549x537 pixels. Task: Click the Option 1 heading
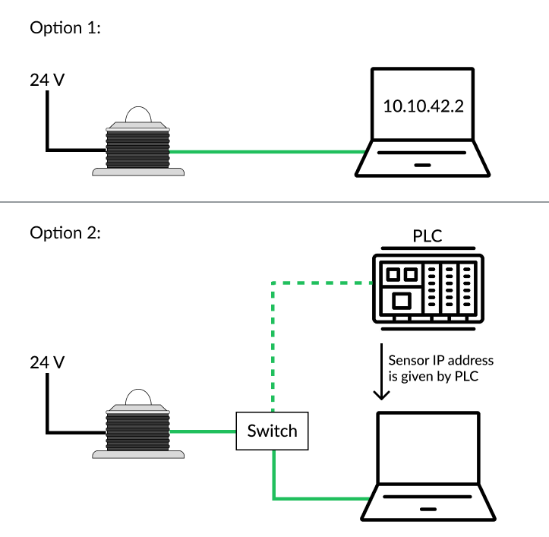[x=65, y=29]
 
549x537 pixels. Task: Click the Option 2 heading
[x=65, y=232]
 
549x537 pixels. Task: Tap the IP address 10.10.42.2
[x=423, y=106]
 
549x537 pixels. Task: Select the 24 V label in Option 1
[x=46, y=79]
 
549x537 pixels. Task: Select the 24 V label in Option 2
[x=46, y=363]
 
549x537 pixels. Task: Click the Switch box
[x=272, y=431]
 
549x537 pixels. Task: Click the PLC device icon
[x=428, y=285]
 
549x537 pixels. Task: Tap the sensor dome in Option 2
[x=137, y=397]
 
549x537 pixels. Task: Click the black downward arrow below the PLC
[x=380, y=380]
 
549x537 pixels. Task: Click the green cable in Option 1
[x=266, y=152]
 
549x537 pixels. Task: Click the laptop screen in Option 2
[x=429, y=448]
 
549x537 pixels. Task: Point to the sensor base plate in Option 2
[x=138, y=455]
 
